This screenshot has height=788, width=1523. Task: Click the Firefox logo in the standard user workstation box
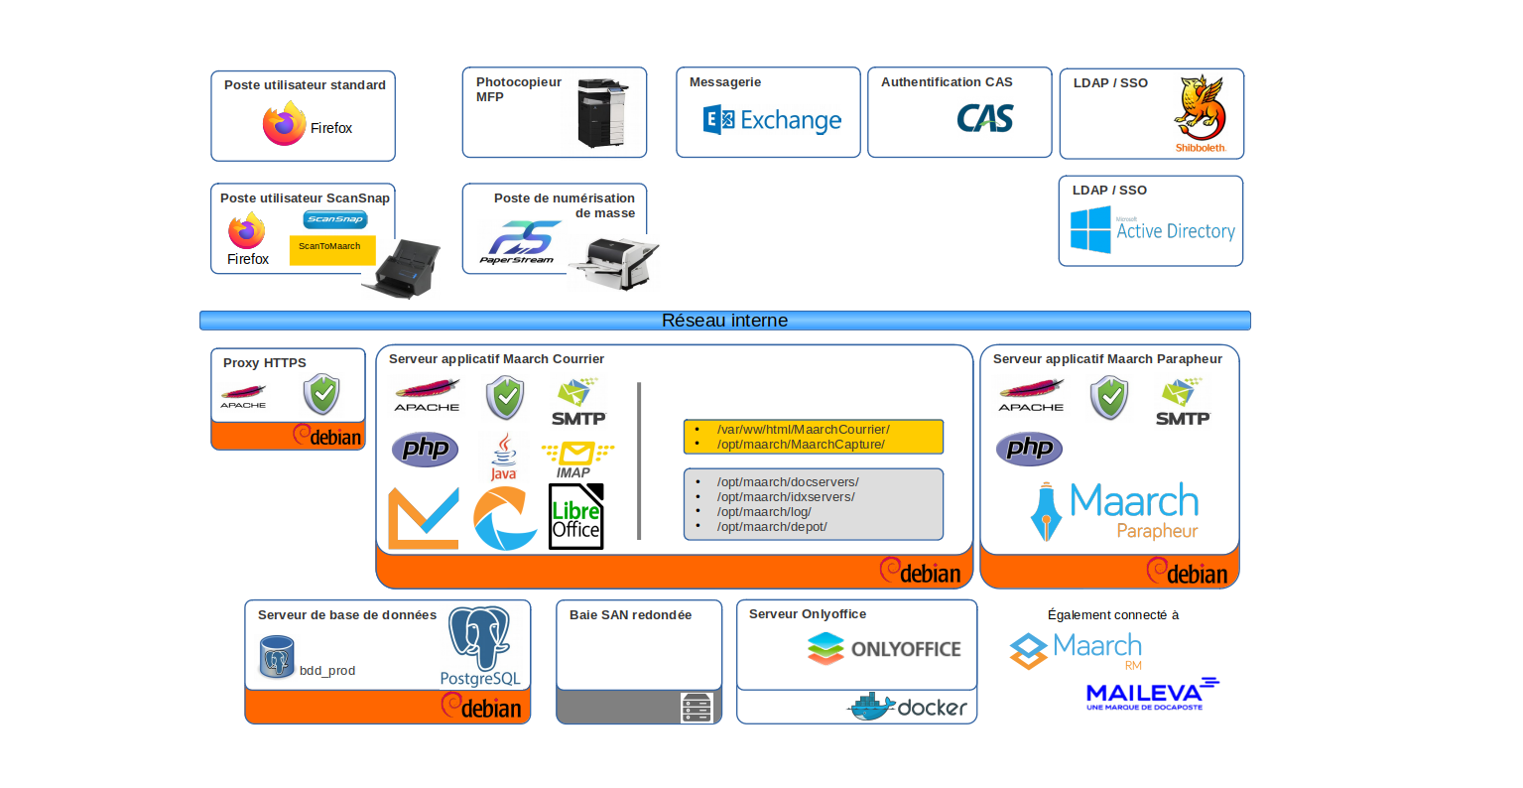coord(285,124)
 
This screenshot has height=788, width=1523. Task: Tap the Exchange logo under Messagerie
coord(772,121)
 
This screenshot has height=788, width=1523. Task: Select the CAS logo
coord(984,119)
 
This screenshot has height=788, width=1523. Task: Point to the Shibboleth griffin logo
coord(1200,109)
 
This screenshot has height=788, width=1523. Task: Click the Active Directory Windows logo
coord(1090,230)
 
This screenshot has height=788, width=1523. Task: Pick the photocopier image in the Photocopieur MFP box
coord(603,112)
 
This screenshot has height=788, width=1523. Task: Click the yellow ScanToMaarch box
coord(332,249)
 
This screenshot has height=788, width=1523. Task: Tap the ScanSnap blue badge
coord(335,219)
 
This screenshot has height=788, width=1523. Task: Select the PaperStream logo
coord(519,242)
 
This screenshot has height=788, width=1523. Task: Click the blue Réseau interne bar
coord(724,321)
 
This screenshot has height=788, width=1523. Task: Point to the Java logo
coord(504,456)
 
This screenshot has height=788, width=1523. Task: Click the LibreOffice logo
coord(576,516)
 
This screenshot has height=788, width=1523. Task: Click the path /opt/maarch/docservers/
coord(788,482)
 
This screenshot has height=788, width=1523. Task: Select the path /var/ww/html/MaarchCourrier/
coord(803,430)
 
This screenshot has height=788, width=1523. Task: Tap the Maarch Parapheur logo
coord(1115,512)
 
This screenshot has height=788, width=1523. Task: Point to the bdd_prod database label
coord(327,671)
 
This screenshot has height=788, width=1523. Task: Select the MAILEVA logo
coord(1152,694)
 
